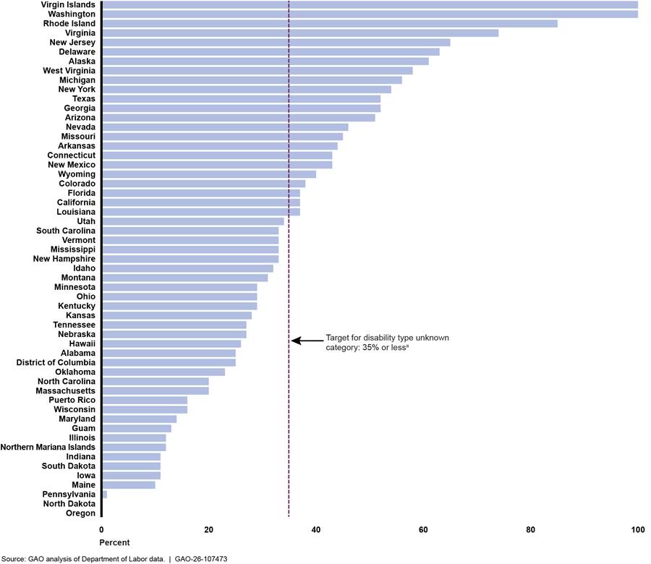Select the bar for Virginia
pyautogui.click(x=300, y=33)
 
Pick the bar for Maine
pyautogui.click(x=129, y=484)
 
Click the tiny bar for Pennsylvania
pyautogui.click(x=104, y=494)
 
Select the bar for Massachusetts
pyautogui.click(x=156, y=390)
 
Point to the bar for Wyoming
pyautogui.click(x=209, y=174)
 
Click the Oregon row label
pyautogui.click(x=80, y=513)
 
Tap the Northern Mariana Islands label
pyautogui.click(x=48, y=447)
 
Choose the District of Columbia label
pyautogui.click(x=56, y=362)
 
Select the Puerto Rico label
pyautogui.click(x=72, y=400)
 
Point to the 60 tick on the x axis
pyautogui.click(x=423, y=530)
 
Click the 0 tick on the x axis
pyautogui.click(x=101, y=530)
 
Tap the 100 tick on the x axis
pyautogui.click(x=637, y=530)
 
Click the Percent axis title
pyautogui.click(x=115, y=542)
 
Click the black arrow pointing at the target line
pyautogui.click(x=305, y=341)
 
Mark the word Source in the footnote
pyautogui.click(x=14, y=559)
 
